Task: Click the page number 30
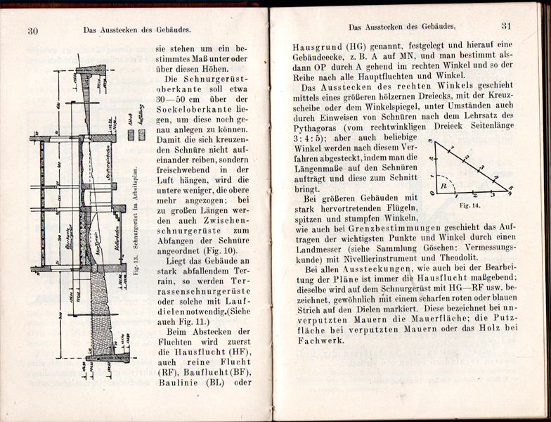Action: [x=32, y=30]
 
